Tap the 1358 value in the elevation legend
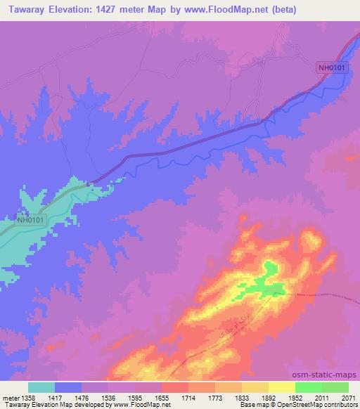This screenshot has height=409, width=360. pyautogui.click(x=27, y=397)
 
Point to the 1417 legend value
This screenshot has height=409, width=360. pyautogui.click(x=55, y=397)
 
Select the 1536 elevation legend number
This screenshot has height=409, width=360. pyautogui.click(x=108, y=397)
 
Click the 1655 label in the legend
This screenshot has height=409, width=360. pyautogui.click(x=162, y=397)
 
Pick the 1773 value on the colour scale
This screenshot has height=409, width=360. pyautogui.click(x=215, y=397)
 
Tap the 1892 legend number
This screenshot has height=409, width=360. pyautogui.click(x=269, y=397)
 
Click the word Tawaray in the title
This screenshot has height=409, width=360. pyautogui.click(x=26, y=10)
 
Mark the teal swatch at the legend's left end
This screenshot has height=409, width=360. pyautogui.click(x=41, y=387)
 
